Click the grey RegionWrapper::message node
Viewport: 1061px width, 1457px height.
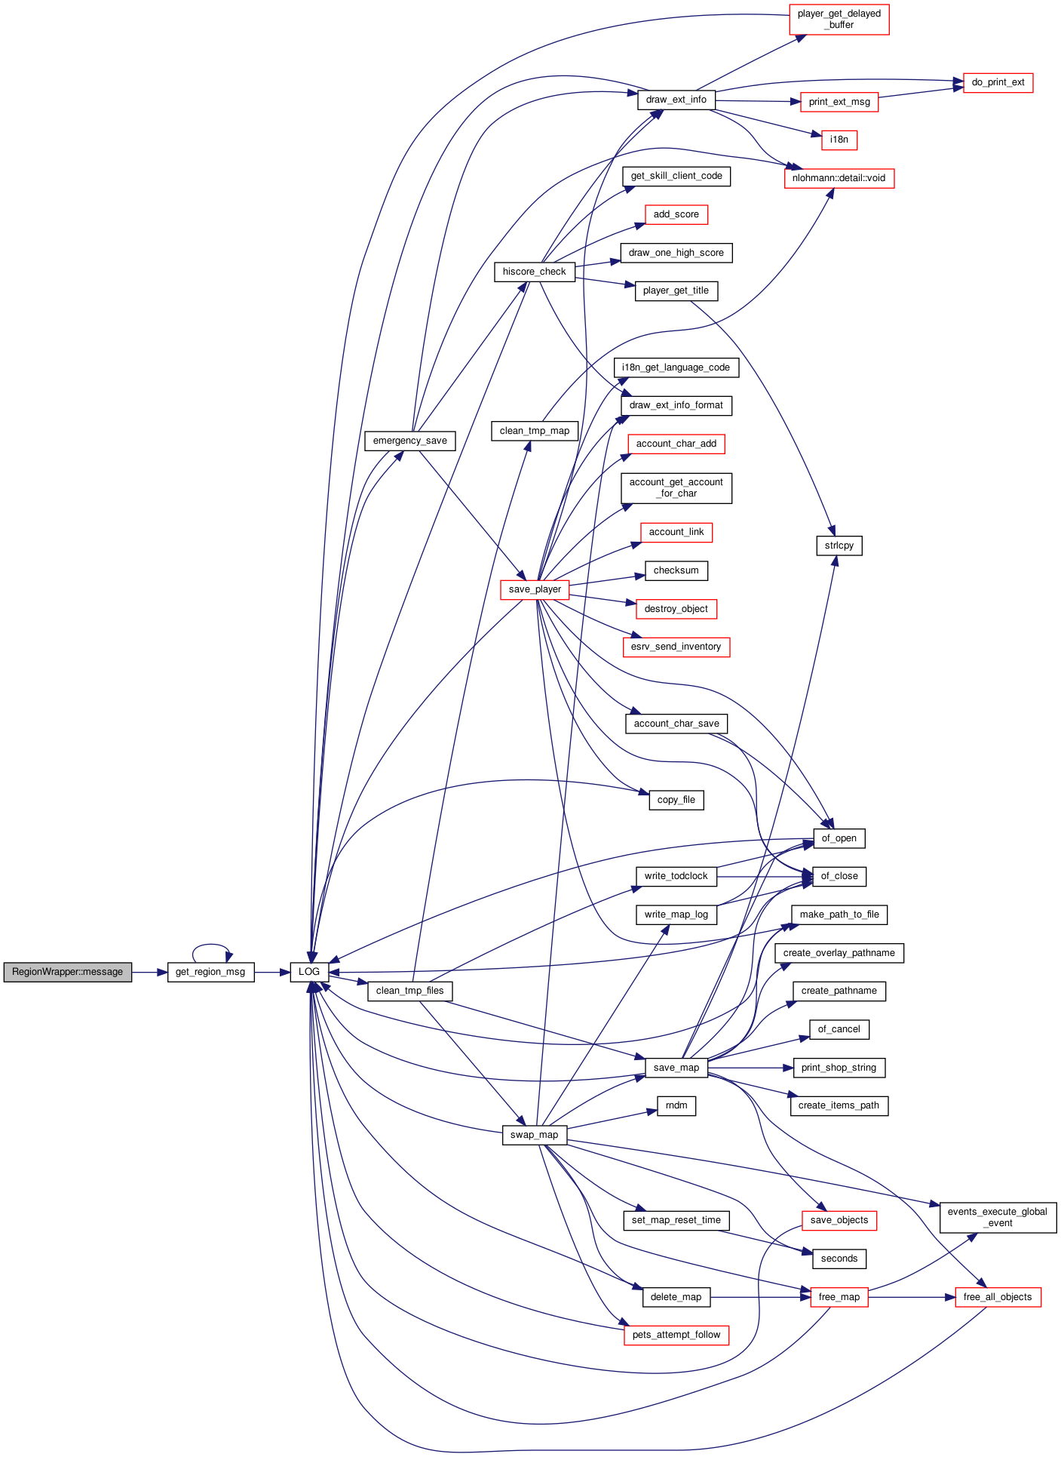pyautogui.click(x=68, y=972)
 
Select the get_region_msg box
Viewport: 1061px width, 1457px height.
pyautogui.click(x=210, y=972)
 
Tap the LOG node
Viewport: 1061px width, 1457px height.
pyautogui.click(x=309, y=972)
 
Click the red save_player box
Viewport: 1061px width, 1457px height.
pyautogui.click(x=535, y=589)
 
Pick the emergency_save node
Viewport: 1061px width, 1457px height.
pyautogui.click(x=410, y=441)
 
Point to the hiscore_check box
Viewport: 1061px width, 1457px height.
pyautogui.click(x=535, y=272)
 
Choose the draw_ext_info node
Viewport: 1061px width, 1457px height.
pyautogui.click(x=676, y=100)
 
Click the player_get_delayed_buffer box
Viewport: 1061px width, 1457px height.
pyautogui.click(x=839, y=20)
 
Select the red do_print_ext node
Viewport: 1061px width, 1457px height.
pyautogui.click(x=998, y=82)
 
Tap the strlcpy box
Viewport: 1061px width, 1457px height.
pyautogui.click(x=839, y=546)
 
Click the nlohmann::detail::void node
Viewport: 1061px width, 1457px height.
pyautogui.click(x=839, y=178)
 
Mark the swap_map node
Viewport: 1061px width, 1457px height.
pyautogui.click(x=535, y=1135)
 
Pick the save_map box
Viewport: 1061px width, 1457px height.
pyautogui.click(x=676, y=1068)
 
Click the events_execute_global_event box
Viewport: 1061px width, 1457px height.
pyautogui.click(x=998, y=1218)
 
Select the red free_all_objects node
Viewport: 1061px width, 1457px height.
pyautogui.click(x=998, y=1297)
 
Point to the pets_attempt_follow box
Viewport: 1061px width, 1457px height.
pyautogui.click(x=676, y=1335)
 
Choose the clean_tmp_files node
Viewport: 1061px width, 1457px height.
pyautogui.click(x=410, y=991)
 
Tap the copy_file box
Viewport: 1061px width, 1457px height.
pyautogui.click(x=676, y=800)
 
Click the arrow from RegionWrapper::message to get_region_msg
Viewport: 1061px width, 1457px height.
pyautogui.click(x=149, y=972)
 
